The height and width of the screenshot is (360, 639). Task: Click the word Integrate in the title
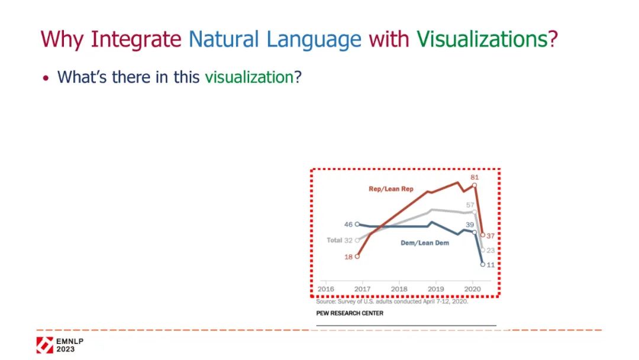(x=135, y=40)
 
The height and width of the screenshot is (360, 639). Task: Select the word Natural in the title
(x=223, y=39)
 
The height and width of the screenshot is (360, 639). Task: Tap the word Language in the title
(x=314, y=40)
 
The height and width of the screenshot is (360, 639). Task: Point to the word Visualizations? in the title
(x=487, y=39)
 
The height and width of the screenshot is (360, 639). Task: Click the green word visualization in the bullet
(x=249, y=77)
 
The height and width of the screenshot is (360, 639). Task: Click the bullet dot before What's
(x=46, y=78)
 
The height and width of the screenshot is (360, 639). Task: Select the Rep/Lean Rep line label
(x=391, y=189)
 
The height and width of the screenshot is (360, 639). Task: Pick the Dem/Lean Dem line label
(x=425, y=243)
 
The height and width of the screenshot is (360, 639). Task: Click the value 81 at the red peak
(x=475, y=178)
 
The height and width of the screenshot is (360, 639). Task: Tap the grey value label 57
(x=470, y=205)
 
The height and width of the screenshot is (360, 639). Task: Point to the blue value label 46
(x=348, y=224)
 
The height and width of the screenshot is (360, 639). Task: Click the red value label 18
(x=348, y=257)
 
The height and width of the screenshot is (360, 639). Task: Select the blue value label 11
(x=490, y=265)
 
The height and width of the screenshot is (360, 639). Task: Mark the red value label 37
(x=490, y=236)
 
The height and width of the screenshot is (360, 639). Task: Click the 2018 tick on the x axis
(x=399, y=289)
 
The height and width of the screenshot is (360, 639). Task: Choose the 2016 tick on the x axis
(x=325, y=289)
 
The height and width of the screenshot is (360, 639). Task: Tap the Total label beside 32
(x=334, y=240)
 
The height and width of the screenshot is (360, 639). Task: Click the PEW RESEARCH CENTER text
(x=350, y=313)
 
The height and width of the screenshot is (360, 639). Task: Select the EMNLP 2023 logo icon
(x=45, y=345)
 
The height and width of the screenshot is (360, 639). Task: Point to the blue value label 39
(x=469, y=224)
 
